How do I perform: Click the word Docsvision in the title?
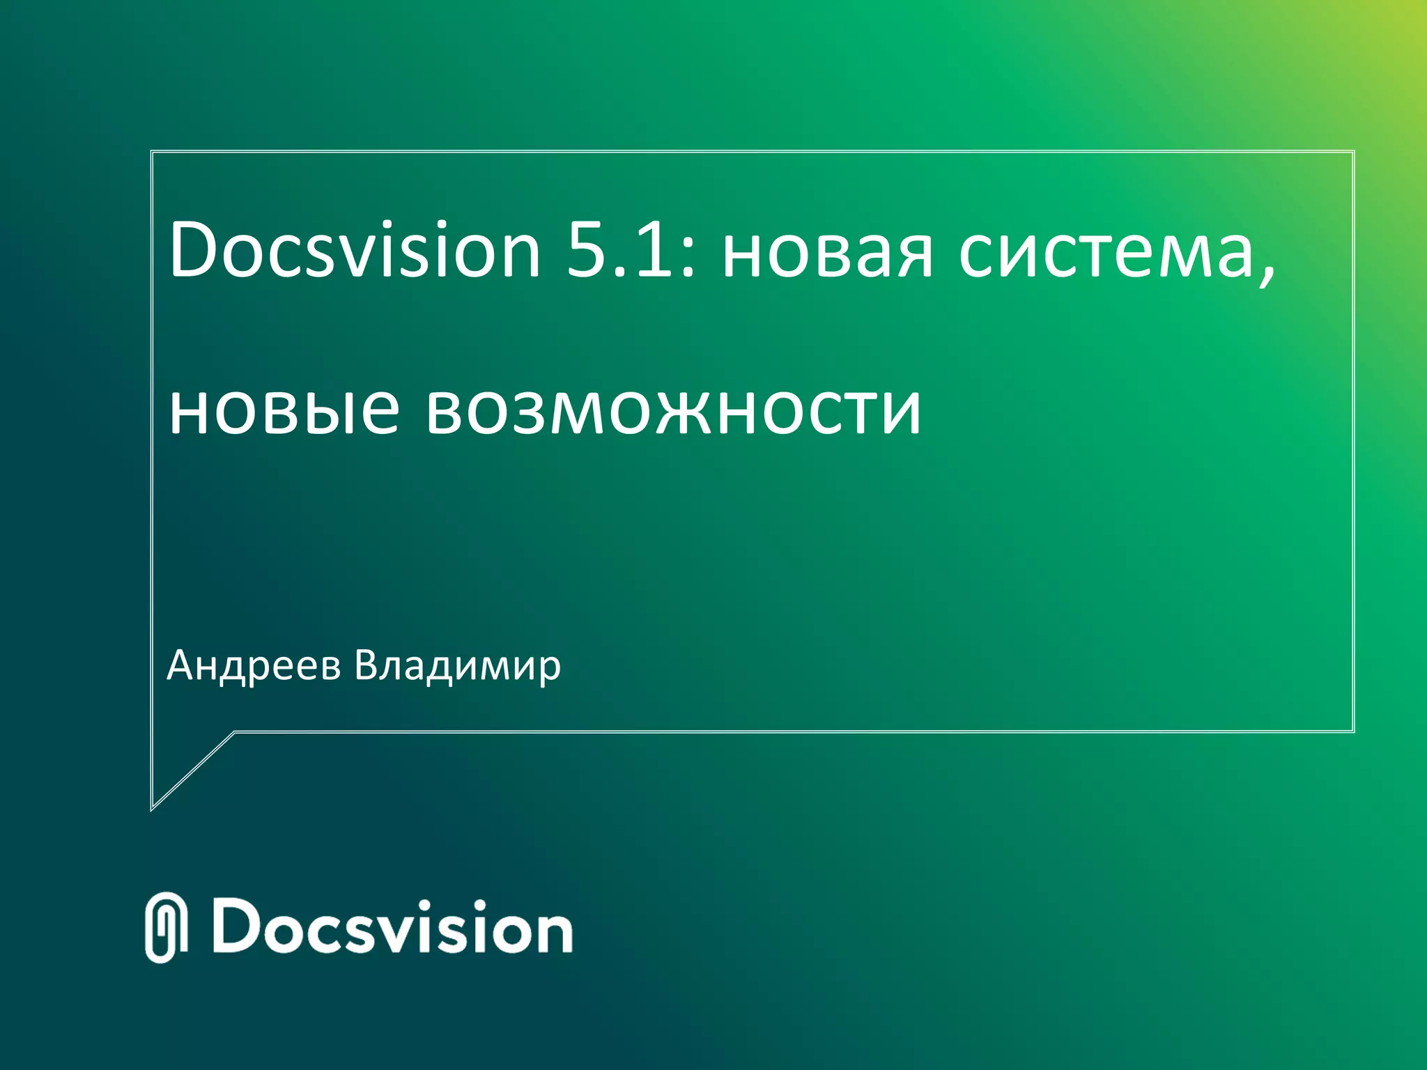tap(355, 249)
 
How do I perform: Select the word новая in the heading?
tap(826, 254)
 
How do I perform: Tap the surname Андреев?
tap(254, 667)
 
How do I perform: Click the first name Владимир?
tap(457, 667)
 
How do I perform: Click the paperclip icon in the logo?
tap(167, 927)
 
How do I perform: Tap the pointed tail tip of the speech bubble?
tap(153, 809)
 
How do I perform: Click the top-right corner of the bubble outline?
tap(1353, 151)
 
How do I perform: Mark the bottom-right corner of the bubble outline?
tap(1353, 731)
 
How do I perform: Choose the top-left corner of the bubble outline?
tap(152, 151)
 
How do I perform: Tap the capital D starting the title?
tap(194, 249)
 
